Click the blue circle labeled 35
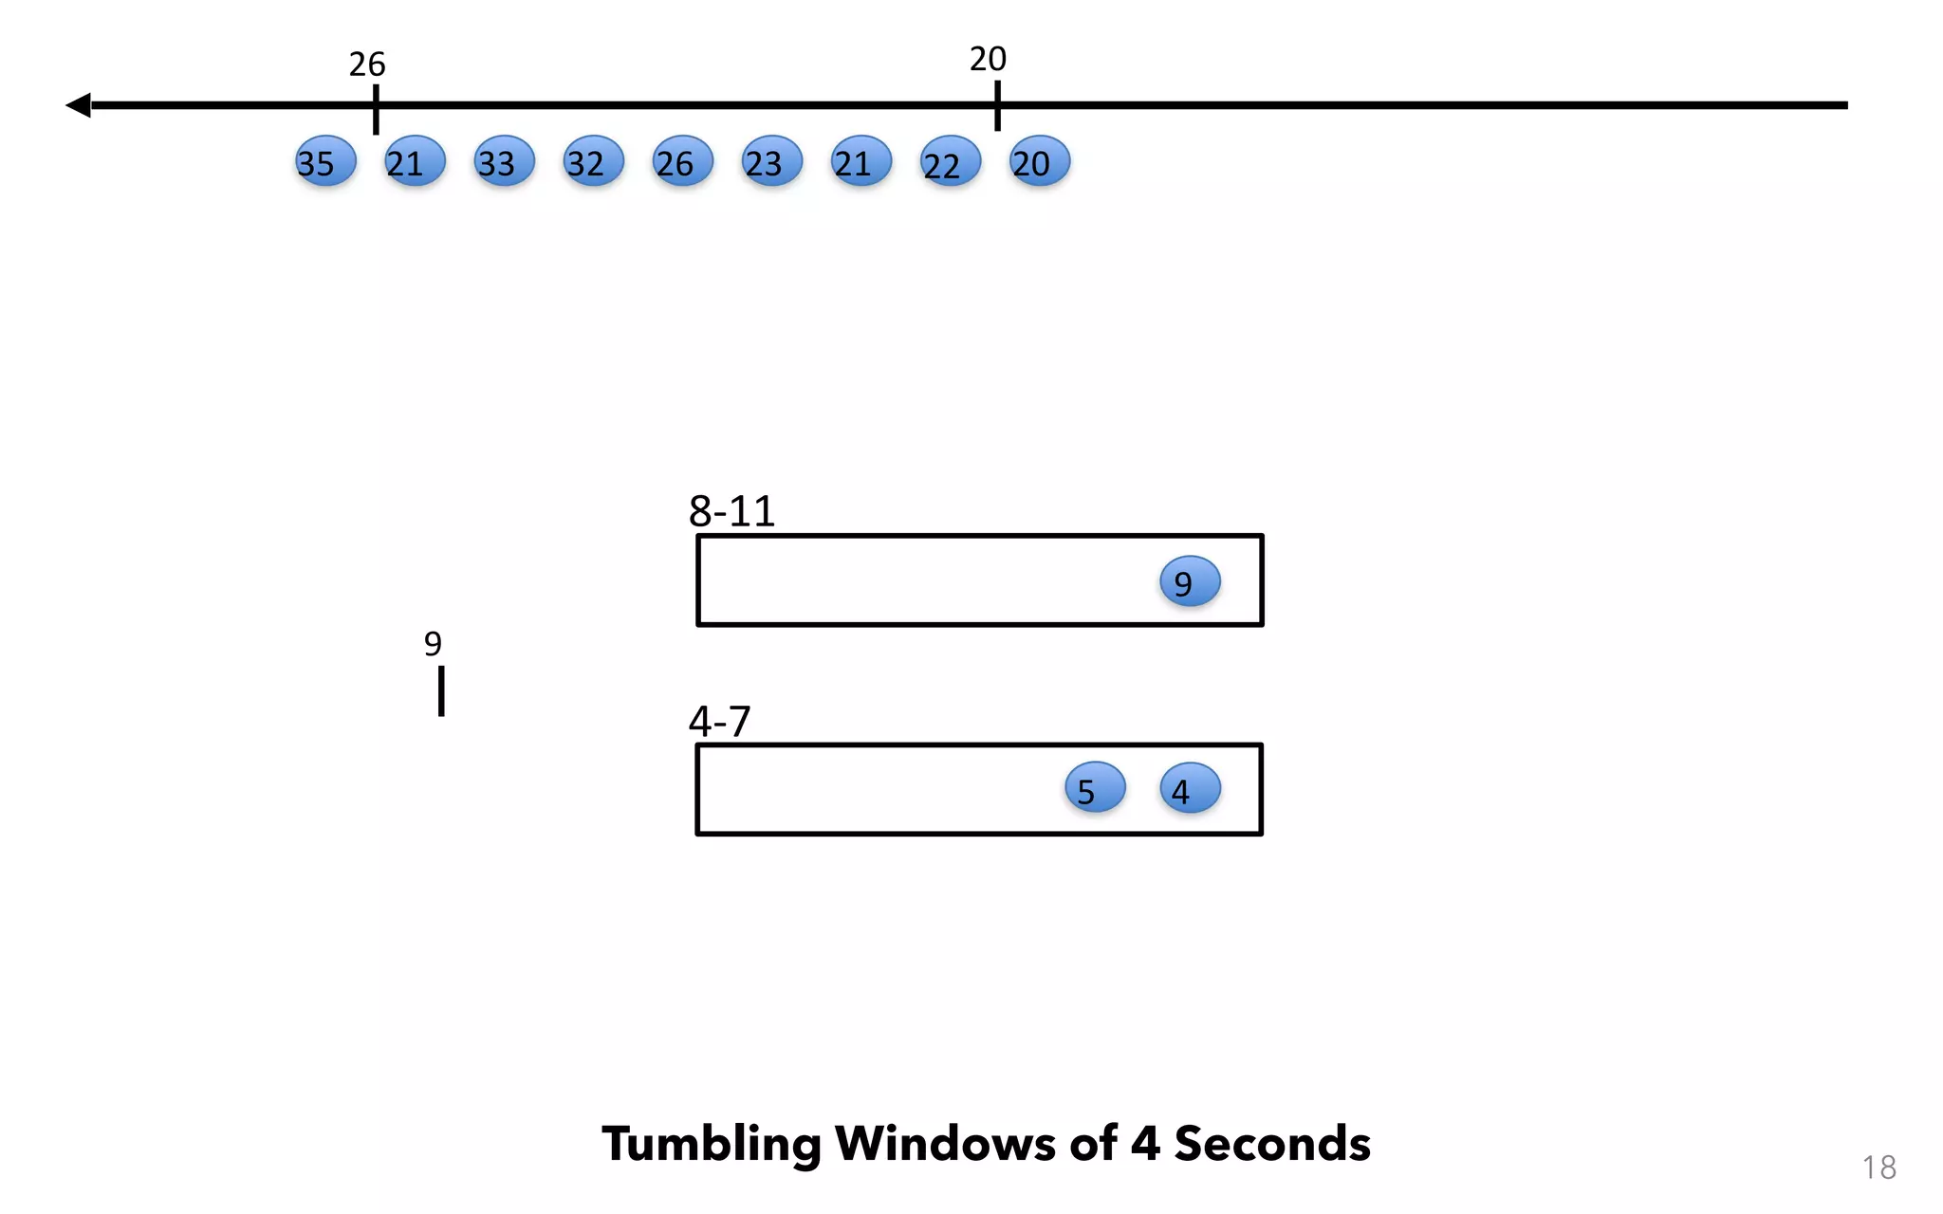point(325,161)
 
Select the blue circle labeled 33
point(504,161)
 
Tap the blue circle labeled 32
point(593,161)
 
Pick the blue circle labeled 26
point(682,161)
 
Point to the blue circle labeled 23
point(771,161)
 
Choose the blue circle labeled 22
point(950,161)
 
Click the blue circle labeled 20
point(1039,161)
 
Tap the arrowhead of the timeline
point(79,105)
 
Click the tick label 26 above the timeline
point(367,64)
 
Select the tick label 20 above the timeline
point(988,59)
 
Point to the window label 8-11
point(731,511)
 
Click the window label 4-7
point(719,722)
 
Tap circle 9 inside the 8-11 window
point(1190,581)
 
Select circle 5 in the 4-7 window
point(1095,788)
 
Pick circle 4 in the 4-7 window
point(1190,788)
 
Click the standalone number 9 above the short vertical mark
point(433,644)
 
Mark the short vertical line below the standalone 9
point(441,690)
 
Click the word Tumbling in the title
point(712,1144)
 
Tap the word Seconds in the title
point(1272,1144)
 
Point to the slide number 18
point(1878,1168)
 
